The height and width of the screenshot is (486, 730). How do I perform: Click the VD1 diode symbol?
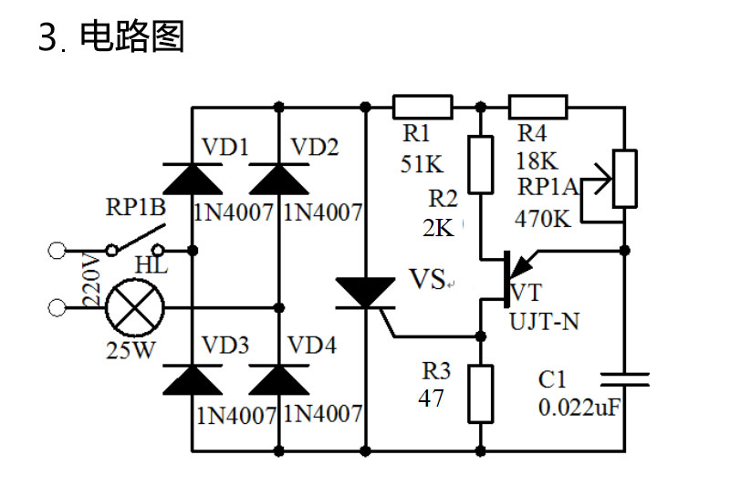[x=193, y=179]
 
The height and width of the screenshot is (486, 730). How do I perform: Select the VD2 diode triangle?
[x=279, y=179]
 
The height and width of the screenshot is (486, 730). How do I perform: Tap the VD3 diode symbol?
[x=193, y=380]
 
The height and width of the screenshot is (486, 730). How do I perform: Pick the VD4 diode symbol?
[x=279, y=380]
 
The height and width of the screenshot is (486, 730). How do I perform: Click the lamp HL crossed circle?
[x=135, y=308]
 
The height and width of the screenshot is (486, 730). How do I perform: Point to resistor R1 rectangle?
[x=422, y=108]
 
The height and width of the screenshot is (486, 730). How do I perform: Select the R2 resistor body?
[x=481, y=165]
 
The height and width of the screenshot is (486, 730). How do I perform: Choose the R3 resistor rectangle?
[x=481, y=394]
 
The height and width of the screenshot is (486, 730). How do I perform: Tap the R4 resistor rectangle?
[x=537, y=108]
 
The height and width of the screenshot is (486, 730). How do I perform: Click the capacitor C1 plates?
[x=625, y=379]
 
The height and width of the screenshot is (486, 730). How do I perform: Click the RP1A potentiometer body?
[x=625, y=179]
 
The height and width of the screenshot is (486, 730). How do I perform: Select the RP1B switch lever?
[x=139, y=239]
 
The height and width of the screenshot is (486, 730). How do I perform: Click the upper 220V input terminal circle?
[x=57, y=250]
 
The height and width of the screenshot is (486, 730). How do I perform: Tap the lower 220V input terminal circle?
[x=57, y=308]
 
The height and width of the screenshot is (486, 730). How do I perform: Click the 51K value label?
[x=422, y=164]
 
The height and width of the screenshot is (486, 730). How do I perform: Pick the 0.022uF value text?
[x=579, y=408]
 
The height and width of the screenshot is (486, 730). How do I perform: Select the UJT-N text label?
[x=544, y=321]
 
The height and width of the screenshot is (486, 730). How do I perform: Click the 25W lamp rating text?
[x=130, y=350]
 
